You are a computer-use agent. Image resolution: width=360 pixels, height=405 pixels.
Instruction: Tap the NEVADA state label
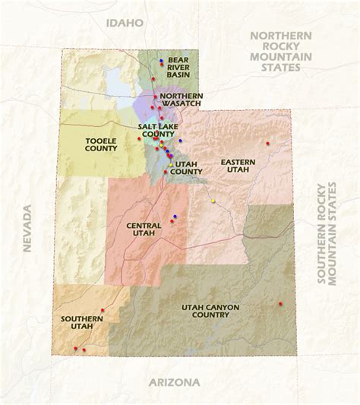[28, 228]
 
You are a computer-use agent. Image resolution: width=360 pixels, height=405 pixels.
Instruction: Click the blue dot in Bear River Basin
[161, 61]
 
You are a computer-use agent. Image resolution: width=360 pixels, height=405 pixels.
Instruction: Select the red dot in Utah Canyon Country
[280, 303]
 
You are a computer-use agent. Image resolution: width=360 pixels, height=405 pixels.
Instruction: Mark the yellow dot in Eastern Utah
[214, 201]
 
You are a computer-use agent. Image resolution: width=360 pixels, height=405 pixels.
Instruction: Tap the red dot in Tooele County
[138, 139]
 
